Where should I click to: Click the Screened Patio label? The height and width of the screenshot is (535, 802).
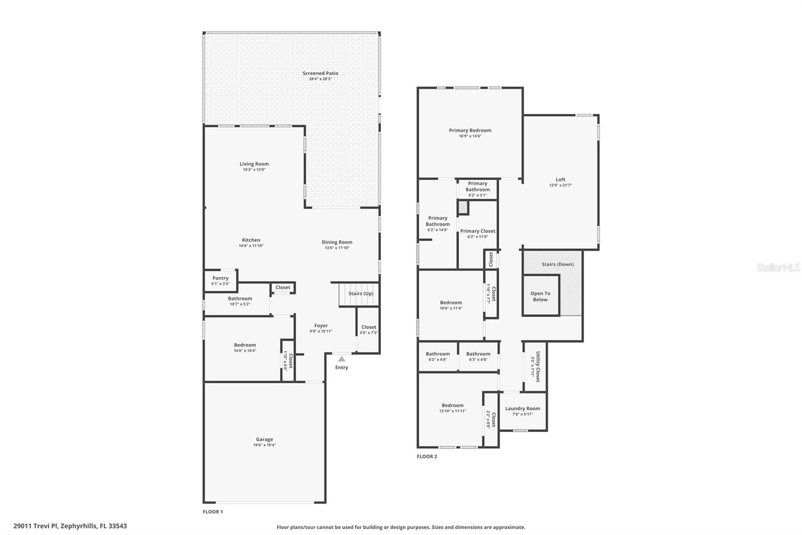(320, 73)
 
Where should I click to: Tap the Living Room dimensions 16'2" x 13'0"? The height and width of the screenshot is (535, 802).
(254, 170)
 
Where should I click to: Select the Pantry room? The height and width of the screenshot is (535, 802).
(221, 281)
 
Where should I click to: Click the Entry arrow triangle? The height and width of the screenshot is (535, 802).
(341, 359)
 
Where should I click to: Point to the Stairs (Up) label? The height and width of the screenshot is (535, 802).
(361, 294)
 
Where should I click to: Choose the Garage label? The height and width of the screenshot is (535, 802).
(264, 439)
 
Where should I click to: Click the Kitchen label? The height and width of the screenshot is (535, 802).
(251, 240)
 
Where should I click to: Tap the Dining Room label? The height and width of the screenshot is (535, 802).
(337, 242)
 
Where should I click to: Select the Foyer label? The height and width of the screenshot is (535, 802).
(321, 326)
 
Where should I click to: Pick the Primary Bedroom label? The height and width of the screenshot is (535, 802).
(470, 130)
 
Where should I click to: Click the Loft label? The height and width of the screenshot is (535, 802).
(560, 179)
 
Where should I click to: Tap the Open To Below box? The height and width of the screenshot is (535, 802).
(540, 296)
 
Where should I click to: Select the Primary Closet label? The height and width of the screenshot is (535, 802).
(478, 231)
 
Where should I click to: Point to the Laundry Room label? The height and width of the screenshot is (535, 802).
(522, 409)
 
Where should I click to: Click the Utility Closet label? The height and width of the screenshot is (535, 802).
(538, 366)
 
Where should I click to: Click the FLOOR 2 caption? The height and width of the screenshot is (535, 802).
(427, 457)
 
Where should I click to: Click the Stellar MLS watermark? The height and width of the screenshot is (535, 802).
(778, 268)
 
